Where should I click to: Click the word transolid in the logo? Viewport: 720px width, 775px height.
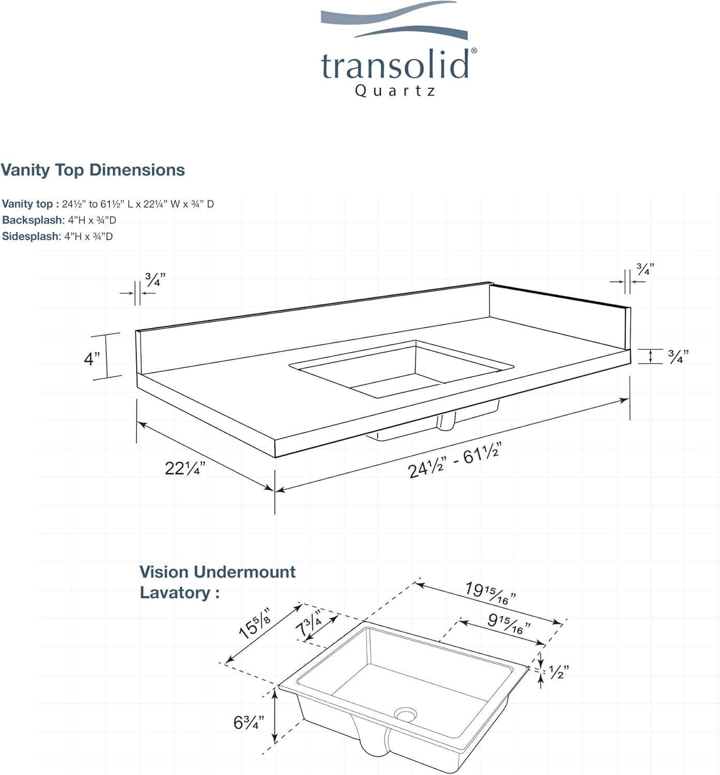(x=395, y=66)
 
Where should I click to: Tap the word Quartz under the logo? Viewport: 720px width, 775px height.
(x=395, y=91)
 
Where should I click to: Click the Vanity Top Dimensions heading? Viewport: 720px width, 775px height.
(x=93, y=170)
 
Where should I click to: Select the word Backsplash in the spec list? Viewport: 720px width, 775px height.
(x=32, y=220)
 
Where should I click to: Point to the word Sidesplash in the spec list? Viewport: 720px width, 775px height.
(x=31, y=237)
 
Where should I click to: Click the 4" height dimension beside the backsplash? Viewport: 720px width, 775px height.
(x=92, y=358)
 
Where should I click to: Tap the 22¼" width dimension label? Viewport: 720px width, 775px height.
(x=185, y=468)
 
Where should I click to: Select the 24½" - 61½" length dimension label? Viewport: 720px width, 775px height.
(x=454, y=461)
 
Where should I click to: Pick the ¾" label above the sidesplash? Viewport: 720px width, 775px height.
(x=645, y=269)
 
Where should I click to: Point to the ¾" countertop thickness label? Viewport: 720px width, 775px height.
(x=678, y=357)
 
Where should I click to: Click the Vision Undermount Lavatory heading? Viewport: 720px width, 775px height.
(x=217, y=582)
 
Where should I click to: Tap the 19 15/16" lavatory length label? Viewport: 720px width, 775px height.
(x=489, y=593)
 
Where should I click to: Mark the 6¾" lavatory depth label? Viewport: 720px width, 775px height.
(x=249, y=722)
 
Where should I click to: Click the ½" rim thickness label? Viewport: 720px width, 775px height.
(x=558, y=672)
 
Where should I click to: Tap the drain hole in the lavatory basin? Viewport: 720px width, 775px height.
(x=405, y=715)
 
